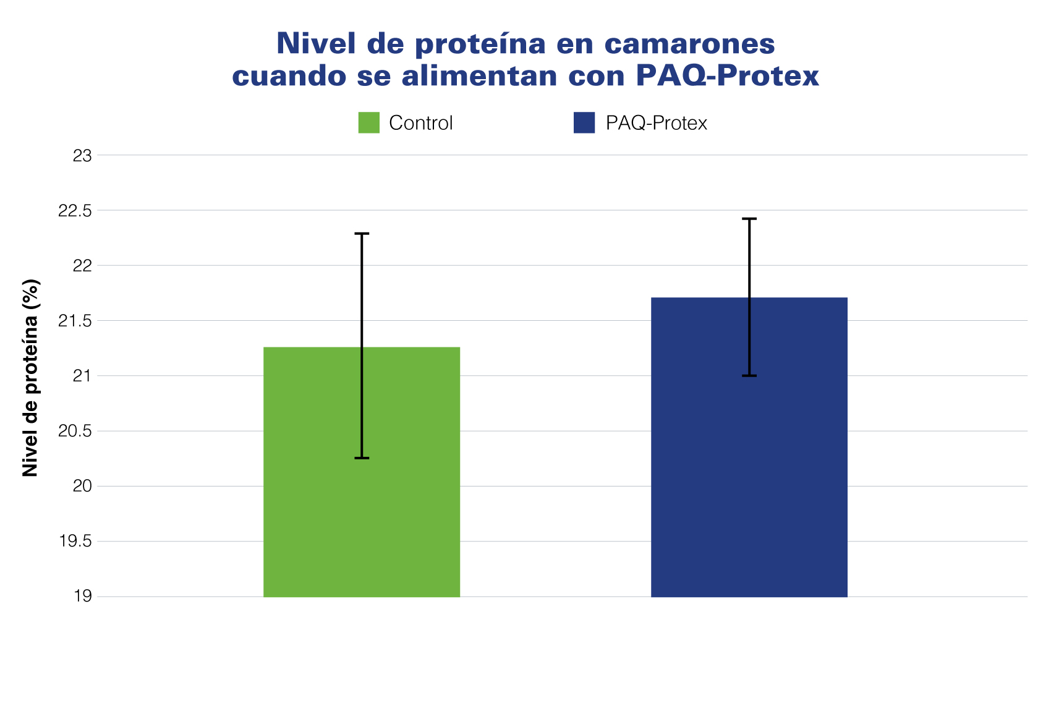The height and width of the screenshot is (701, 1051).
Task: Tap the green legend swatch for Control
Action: tap(368, 122)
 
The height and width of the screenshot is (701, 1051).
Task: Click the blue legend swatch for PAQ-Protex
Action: tap(584, 122)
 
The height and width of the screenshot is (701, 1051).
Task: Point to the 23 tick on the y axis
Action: tap(82, 156)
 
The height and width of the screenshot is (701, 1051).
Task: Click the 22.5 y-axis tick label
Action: tap(75, 211)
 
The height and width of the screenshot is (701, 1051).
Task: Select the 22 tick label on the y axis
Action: tap(82, 266)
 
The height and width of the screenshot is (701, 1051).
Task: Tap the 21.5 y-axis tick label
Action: tap(75, 321)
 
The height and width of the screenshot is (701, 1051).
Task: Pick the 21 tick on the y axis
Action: tap(82, 376)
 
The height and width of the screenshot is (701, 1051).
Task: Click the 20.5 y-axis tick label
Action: tap(75, 431)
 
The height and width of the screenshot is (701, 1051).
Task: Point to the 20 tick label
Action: tap(82, 486)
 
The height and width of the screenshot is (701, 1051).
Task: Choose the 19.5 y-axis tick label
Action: tap(75, 542)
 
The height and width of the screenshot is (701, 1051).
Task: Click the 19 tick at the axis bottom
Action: tap(82, 597)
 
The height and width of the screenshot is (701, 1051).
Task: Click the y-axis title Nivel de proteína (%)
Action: tap(31, 378)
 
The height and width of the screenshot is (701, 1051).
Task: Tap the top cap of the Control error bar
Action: tap(362, 234)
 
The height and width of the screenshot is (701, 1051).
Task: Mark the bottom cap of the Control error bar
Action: tap(362, 458)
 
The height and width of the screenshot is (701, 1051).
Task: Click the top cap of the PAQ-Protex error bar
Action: tap(749, 219)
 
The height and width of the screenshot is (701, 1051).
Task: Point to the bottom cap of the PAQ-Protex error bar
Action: tap(749, 376)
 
